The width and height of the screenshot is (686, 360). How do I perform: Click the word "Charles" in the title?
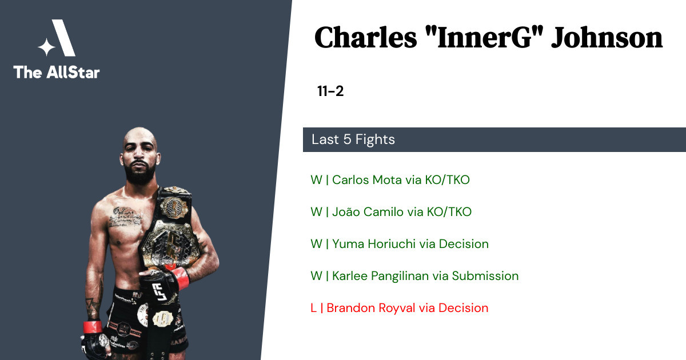[x=366, y=38]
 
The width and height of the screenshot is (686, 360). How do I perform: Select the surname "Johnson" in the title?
[x=607, y=38]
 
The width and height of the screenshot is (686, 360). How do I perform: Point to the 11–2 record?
[x=330, y=91]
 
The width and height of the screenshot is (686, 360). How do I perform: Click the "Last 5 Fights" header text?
[x=353, y=139]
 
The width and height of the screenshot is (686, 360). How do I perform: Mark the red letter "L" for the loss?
[x=313, y=308]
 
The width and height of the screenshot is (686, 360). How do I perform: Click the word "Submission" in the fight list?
[x=485, y=276]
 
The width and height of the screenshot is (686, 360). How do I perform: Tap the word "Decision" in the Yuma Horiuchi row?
[x=464, y=243]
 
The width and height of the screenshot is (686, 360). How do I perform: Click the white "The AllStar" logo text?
[x=57, y=72]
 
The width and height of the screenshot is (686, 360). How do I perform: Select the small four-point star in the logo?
[x=46, y=47]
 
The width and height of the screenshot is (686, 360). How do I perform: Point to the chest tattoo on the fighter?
[x=125, y=217]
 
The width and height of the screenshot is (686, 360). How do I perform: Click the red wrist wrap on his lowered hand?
[x=92, y=327]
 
